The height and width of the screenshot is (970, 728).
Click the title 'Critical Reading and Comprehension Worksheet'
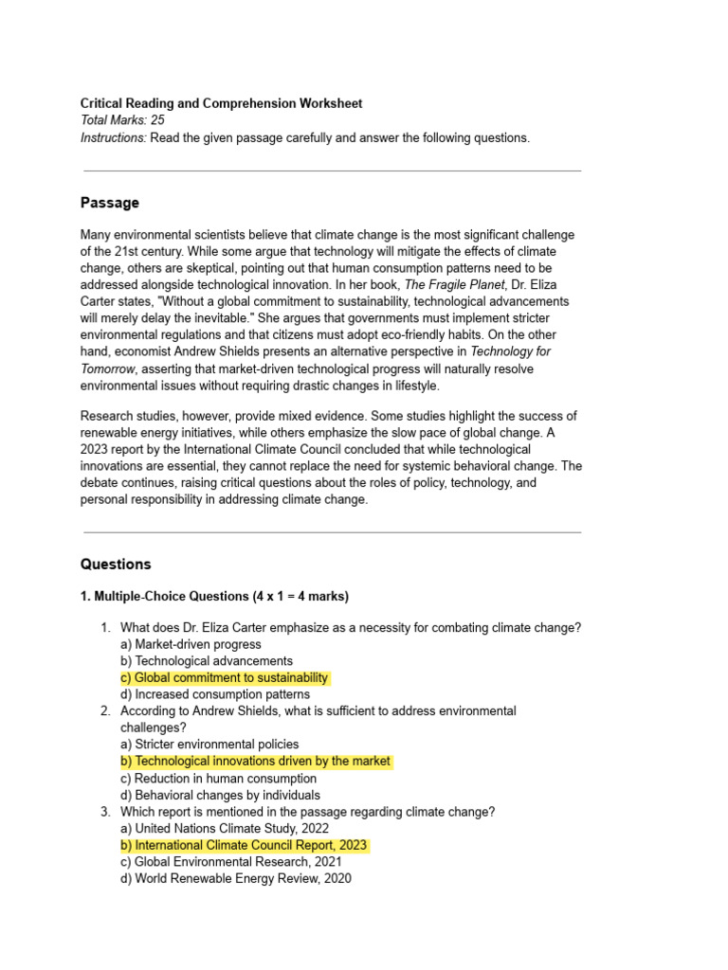[221, 103]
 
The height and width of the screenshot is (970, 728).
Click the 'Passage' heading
[110, 203]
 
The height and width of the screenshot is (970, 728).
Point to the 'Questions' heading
[116, 565]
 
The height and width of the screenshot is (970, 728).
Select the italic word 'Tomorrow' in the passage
[109, 369]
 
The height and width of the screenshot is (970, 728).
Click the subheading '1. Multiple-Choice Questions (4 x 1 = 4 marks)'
[214, 597]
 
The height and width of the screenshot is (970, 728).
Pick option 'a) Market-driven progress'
[191, 644]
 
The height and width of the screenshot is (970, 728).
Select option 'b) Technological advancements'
[207, 661]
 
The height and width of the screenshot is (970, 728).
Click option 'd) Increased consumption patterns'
[215, 694]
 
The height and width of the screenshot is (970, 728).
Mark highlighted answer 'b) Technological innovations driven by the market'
[255, 762]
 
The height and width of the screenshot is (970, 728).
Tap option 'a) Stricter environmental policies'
[209, 745]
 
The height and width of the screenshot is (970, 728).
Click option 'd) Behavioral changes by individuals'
[220, 796]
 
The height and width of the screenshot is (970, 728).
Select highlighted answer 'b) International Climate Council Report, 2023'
[244, 845]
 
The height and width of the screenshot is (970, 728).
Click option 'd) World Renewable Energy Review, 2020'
[236, 879]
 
